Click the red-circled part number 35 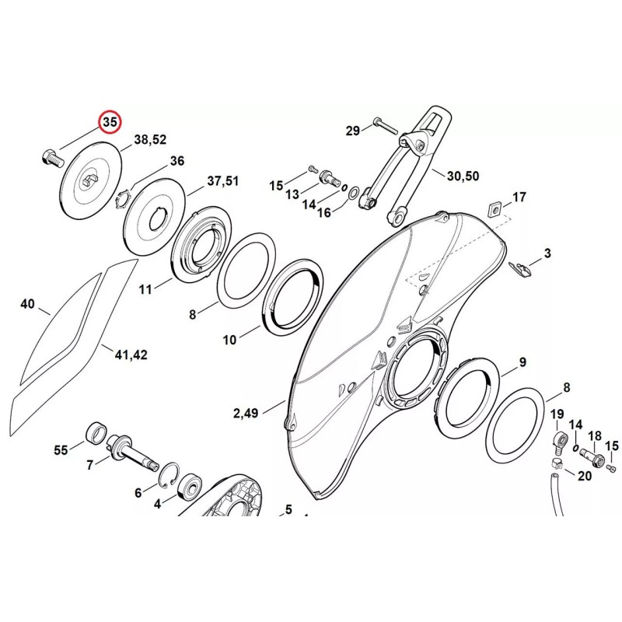110,122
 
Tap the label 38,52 150,141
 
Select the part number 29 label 353,131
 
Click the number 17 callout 519,197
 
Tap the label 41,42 131,355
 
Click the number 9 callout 522,362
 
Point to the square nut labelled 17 493,208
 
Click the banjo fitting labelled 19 557,443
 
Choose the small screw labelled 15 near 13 313,169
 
